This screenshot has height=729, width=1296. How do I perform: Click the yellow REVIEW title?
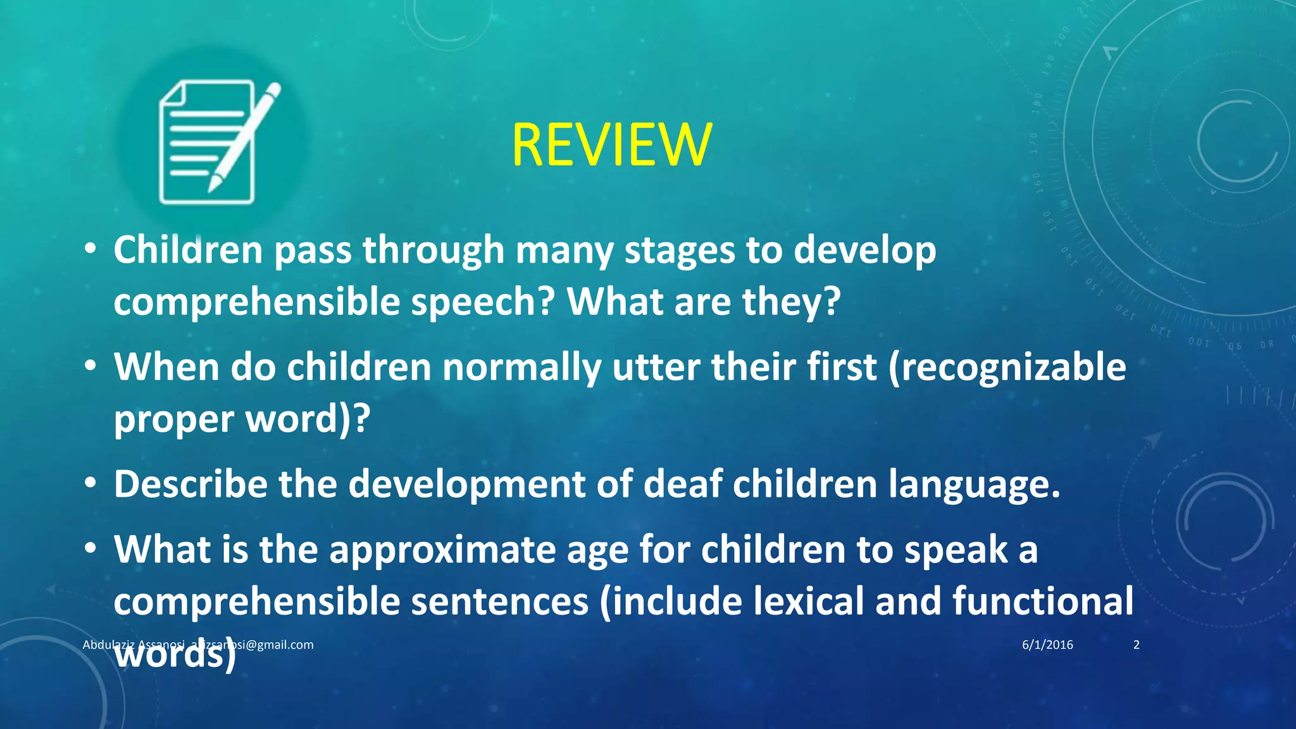coord(611,146)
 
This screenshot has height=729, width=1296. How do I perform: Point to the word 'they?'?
coord(791,301)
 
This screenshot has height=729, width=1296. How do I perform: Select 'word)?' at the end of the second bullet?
coord(308,419)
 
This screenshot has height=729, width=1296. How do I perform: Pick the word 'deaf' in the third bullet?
coord(682,483)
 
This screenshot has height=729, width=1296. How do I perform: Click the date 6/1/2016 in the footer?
coord(1047,645)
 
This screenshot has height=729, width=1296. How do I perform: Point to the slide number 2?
coord(1137,645)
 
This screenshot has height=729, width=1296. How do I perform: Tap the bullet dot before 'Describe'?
coord(91,484)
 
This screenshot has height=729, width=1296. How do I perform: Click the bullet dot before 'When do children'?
coord(91,367)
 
